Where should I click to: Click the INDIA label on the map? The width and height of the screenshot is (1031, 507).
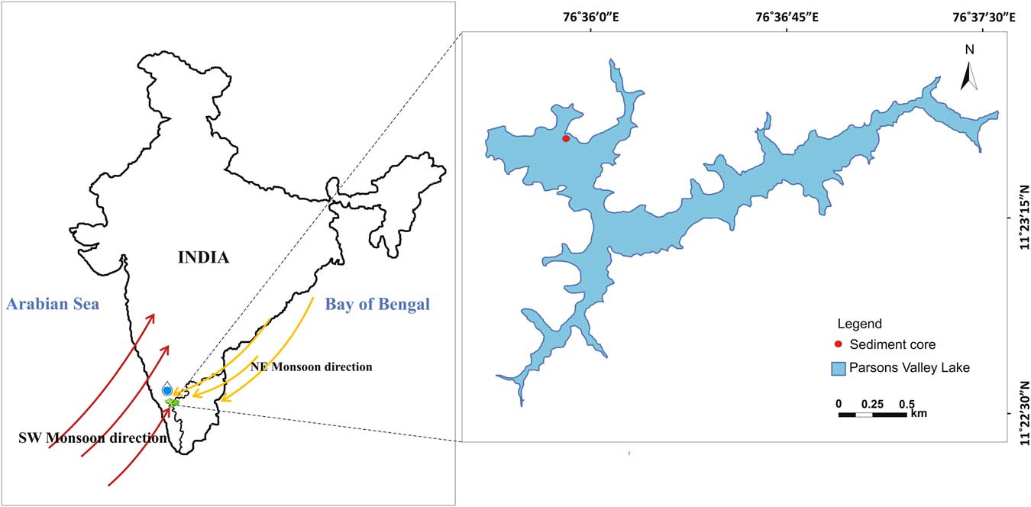(x=203, y=257)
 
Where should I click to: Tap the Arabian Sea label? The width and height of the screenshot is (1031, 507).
(x=53, y=305)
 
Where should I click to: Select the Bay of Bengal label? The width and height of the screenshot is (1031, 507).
(x=377, y=305)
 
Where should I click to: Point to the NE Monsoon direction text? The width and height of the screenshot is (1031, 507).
(x=312, y=367)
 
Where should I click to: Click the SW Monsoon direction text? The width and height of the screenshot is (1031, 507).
(x=92, y=439)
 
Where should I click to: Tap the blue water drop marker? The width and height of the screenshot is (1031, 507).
(x=167, y=389)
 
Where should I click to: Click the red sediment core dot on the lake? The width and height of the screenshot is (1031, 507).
(x=566, y=139)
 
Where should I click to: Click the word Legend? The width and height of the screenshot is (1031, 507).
(x=860, y=324)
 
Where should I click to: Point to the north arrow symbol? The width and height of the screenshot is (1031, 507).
(x=969, y=77)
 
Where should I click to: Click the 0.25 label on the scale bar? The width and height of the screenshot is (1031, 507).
(x=872, y=403)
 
